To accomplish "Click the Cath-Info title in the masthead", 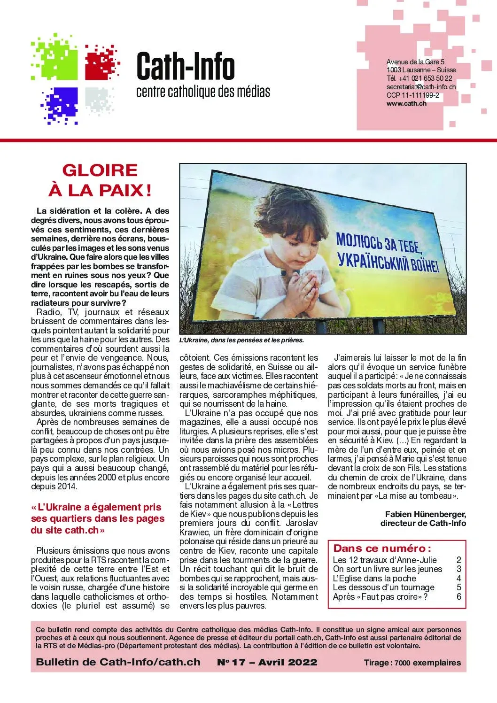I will coord(186,67).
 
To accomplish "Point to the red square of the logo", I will coord(100,64).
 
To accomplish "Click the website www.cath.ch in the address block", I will coord(406,104).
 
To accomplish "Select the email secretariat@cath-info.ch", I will coord(421,87).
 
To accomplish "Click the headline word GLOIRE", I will coord(100,170).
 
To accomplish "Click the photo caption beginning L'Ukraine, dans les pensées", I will coord(241,340).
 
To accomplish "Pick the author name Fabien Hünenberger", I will coord(425,514).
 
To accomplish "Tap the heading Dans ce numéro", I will coord(382,548).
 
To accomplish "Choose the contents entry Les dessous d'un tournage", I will coord(383,587).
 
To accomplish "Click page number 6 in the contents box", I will coord(459,596).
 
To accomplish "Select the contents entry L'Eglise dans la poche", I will coord(374,578).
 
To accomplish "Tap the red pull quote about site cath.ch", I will coord(98,518).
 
